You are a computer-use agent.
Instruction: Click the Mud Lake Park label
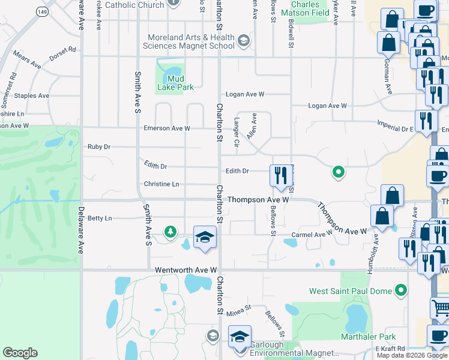click(175, 83)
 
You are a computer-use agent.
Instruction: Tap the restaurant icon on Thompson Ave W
click(279, 176)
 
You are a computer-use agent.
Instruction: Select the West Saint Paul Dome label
click(351, 292)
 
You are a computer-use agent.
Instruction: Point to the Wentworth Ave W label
click(185, 271)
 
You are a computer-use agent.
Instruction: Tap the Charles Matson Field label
click(306, 8)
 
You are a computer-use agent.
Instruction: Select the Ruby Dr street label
click(99, 146)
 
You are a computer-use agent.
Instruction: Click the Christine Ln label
click(161, 184)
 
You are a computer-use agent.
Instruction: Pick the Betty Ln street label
click(100, 218)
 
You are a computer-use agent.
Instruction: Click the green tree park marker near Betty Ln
click(170, 232)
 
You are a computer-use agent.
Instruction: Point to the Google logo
click(20, 353)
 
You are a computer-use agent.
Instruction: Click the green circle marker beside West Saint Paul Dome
click(401, 292)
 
